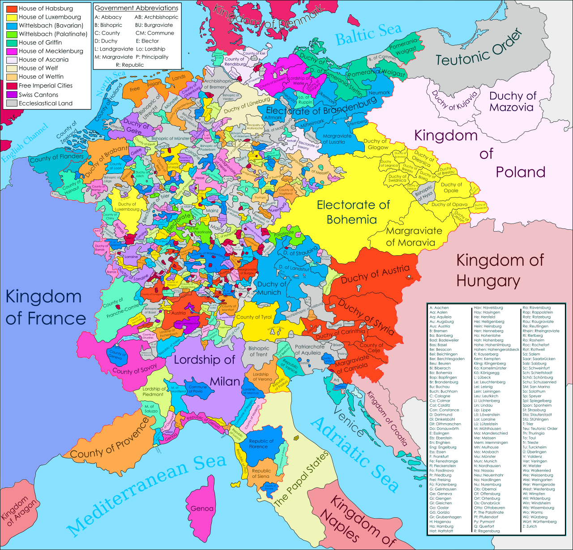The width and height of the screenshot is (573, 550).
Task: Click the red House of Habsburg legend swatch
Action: (12, 9)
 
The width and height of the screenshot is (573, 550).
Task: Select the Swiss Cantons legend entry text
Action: (38, 95)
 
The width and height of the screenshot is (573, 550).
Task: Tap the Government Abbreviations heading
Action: (137, 8)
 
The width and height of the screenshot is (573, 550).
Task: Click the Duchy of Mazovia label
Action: (512, 101)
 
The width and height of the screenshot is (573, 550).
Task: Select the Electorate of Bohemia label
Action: (353, 212)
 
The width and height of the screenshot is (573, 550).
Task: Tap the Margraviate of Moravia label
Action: (414, 236)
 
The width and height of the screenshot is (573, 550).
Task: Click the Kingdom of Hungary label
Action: (500, 270)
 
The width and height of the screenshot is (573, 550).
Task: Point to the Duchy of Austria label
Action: (375, 274)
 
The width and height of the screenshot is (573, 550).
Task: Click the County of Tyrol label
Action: (254, 317)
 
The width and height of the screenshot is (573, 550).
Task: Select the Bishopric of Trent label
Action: (259, 351)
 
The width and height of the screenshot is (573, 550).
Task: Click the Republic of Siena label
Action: (261, 473)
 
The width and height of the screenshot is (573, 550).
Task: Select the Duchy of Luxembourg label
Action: (127, 206)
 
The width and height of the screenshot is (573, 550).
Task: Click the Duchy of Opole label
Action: (451, 187)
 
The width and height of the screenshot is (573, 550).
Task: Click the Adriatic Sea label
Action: (354, 455)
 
